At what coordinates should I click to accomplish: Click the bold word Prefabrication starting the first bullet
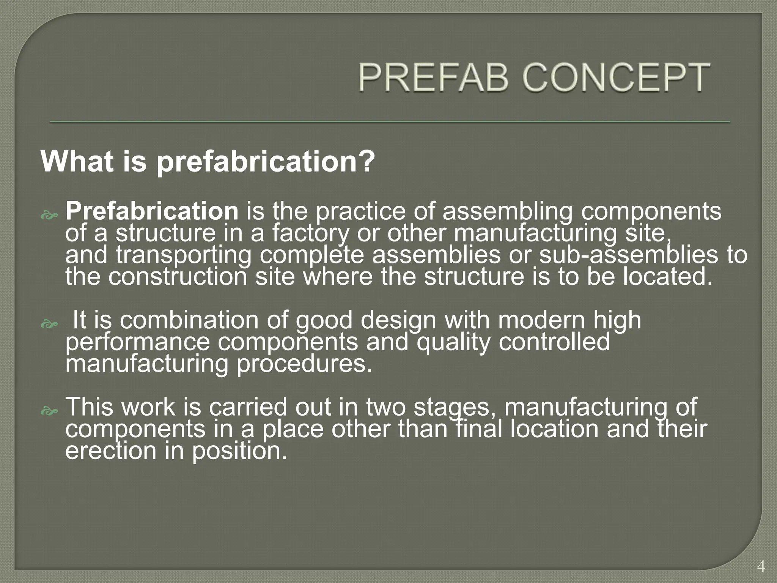(x=152, y=211)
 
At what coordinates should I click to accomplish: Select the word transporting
(x=184, y=255)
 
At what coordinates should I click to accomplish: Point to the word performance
(x=137, y=342)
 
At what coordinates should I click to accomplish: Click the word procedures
(x=305, y=363)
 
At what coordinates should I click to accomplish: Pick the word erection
(x=110, y=451)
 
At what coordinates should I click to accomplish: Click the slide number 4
(x=760, y=567)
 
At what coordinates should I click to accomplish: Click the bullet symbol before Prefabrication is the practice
(x=49, y=216)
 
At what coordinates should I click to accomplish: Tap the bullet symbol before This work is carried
(x=49, y=411)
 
